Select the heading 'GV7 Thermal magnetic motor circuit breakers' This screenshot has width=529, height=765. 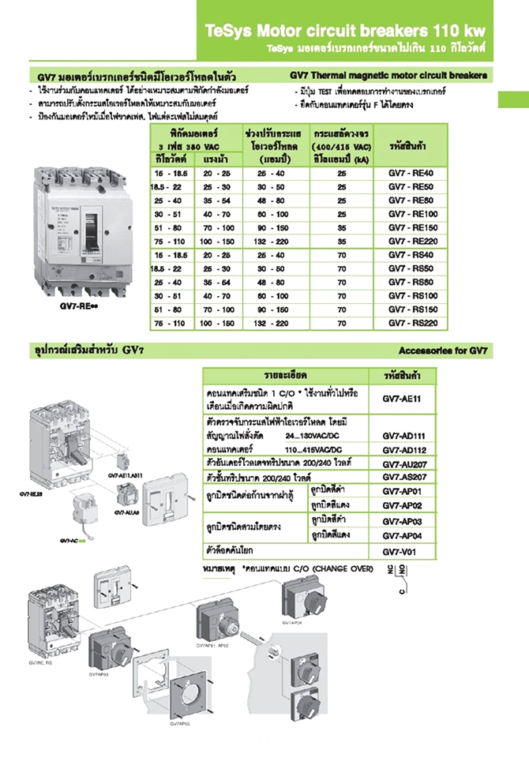tap(388, 76)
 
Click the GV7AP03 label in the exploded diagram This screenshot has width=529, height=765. tap(100, 674)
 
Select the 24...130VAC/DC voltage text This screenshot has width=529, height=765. tap(313, 435)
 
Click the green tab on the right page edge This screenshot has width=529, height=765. tap(512, 101)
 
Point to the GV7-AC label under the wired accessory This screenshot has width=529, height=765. tap(71, 540)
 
